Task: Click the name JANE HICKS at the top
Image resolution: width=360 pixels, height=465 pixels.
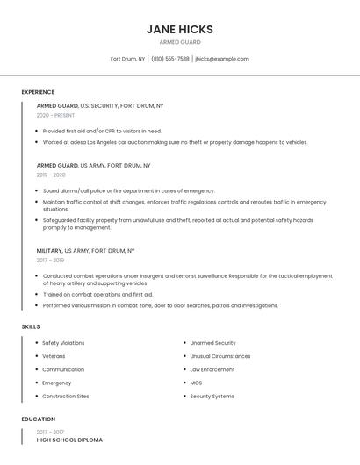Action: pyautogui.click(x=180, y=29)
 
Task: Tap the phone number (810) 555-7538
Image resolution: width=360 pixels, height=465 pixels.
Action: pyautogui.click(x=170, y=59)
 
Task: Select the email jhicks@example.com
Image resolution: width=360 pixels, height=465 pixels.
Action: pyautogui.click(x=222, y=59)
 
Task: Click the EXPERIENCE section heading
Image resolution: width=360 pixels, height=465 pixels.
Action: pyautogui.click(x=38, y=92)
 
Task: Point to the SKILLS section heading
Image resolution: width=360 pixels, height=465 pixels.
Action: pyautogui.click(x=31, y=326)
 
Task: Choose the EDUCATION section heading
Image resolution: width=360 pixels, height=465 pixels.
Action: pyautogui.click(x=39, y=419)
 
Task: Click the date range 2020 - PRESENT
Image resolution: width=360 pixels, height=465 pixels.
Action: pyautogui.click(x=55, y=115)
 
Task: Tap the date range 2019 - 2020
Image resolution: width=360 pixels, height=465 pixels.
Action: pyautogui.click(x=51, y=175)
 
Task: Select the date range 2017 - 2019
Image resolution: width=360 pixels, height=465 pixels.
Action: pyautogui.click(x=50, y=260)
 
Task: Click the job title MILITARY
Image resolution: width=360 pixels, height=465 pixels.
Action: pyautogui.click(x=49, y=250)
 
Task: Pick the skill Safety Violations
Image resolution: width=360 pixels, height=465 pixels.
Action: pyautogui.click(x=63, y=343)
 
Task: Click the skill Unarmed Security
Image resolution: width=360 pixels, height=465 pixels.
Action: pyautogui.click(x=212, y=343)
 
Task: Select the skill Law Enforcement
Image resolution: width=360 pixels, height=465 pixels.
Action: pyautogui.click(x=212, y=369)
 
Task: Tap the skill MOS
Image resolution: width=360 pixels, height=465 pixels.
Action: pyautogui.click(x=196, y=383)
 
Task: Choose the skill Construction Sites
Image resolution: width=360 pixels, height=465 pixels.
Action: pyautogui.click(x=65, y=396)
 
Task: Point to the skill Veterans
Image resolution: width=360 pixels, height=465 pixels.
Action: pyautogui.click(x=54, y=356)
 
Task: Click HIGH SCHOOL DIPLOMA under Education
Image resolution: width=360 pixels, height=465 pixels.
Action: pyautogui.click(x=69, y=440)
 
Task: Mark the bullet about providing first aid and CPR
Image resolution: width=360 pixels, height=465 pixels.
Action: pyautogui.click(x=102, y=131)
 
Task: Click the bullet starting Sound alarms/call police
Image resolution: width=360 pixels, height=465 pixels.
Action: pyautogui.click(x=128, y=190)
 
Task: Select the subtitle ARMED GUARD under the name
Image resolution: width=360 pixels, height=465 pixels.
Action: pyautogui.click(x=180, y=42)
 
